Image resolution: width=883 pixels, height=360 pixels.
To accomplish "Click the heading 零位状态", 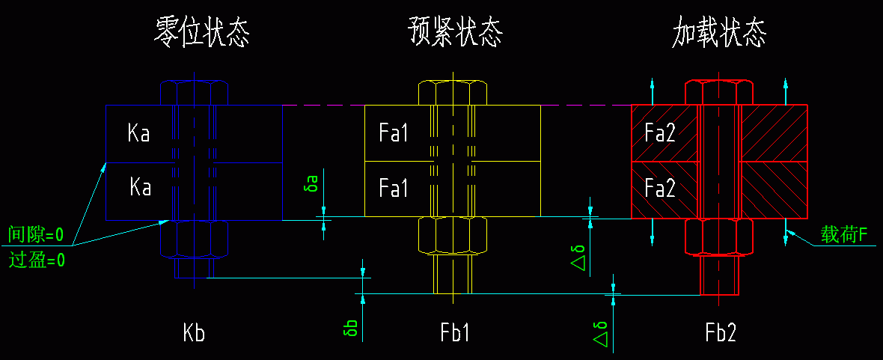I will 201,34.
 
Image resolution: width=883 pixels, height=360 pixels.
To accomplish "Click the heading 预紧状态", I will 455,34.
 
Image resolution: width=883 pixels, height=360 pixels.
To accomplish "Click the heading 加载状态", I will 720,34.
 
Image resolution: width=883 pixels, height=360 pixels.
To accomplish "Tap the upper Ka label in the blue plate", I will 138,134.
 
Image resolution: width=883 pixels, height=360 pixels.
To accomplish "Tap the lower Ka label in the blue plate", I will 140,186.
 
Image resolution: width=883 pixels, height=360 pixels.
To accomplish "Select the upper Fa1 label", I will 394,134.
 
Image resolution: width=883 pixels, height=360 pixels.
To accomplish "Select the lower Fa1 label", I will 394,187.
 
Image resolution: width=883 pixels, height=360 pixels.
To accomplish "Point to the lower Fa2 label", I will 660,187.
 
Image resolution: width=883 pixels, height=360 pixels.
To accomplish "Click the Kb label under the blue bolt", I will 194,333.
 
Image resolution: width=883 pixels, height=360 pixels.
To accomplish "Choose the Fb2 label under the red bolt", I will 721,333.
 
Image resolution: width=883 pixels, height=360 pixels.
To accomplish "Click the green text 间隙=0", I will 35,235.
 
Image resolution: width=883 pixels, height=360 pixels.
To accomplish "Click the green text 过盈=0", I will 35,260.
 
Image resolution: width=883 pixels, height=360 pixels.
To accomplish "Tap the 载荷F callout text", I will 843,235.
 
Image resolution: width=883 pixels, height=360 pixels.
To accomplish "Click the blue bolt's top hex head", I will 195,93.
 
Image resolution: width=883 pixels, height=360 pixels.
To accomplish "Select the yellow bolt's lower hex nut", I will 453,236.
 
